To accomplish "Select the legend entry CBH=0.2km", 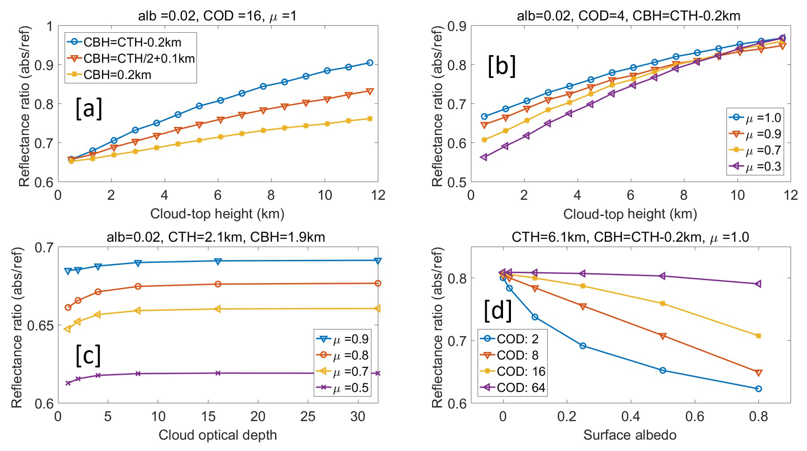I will [x=117, y=75].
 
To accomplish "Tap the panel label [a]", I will [x=89, y=108].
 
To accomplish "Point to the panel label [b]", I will [x=502, y=66].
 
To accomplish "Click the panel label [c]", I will [x=88, y=355].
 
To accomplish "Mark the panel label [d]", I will [x=498, y=310].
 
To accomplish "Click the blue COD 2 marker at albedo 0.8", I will [x=759, y=388].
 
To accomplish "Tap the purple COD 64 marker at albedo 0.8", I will [x=759, y=284].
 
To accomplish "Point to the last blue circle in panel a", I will [x=370, y=63].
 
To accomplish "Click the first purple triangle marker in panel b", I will [x=484, y=157].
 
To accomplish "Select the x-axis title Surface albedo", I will [x=629, y=435].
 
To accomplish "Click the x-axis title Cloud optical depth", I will [x=218, y=435].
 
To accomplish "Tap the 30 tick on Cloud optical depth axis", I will [x=358, y=416].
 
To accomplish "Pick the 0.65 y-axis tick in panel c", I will [x=40, y=325].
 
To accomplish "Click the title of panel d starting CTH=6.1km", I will [x=630, y=237].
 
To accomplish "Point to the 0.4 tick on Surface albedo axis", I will [x=630, y=416].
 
